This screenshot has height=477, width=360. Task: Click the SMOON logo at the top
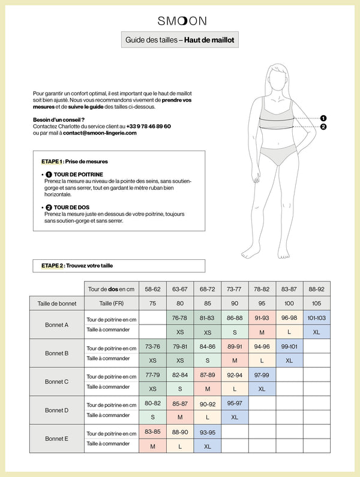[x=182, y=20]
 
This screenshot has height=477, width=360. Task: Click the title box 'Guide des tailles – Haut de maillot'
[x=180, y=40]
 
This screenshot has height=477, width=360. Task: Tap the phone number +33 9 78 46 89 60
[x=149, y=127]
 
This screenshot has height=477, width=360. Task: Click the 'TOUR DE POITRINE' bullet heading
[x=78, y=175]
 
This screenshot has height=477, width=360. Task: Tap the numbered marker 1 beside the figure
[x=323, y=119]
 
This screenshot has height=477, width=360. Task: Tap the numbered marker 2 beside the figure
[x=323, y=127]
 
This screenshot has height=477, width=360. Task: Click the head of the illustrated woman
[x=277, y=77]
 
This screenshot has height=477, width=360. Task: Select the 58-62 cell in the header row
[x=152, y=289]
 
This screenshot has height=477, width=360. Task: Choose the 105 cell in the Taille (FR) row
[x=316, y=303]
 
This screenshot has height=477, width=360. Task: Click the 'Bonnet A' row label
[x=57, y=325]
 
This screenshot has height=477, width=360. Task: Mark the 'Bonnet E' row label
[x=57, y=439]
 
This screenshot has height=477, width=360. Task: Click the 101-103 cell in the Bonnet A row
[x=316, y=318]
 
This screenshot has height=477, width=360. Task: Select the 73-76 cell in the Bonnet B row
[x=152, y=346]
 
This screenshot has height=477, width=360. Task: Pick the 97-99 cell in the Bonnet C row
[x=262, y=375]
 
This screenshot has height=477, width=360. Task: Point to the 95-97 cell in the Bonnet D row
[x=235, y=403]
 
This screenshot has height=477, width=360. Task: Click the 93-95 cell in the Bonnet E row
[x=207, y=432]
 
